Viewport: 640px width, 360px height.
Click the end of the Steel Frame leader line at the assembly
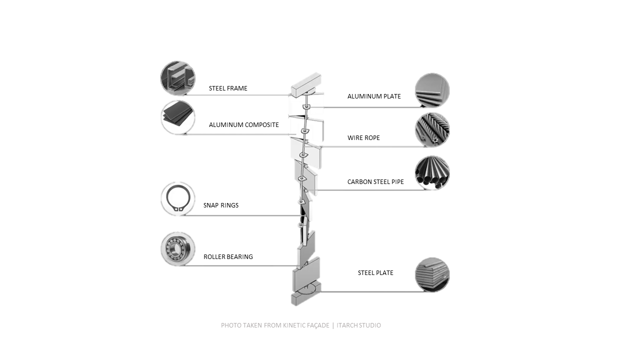(291, 95)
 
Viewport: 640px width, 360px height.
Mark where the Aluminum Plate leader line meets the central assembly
(310, 107)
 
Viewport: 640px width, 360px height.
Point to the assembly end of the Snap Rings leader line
(301, 215)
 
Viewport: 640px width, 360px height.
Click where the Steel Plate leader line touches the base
(320, 291)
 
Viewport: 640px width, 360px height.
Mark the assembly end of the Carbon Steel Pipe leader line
(316, 190)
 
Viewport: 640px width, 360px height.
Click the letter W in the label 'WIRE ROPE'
(350, 137)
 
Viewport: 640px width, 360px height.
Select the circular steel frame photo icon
(177, 78)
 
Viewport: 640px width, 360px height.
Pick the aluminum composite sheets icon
(177, 117)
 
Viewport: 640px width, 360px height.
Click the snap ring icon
(177, 198)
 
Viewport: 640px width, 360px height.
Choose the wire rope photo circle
(432, 129)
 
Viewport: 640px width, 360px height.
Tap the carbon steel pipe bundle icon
(432, 173)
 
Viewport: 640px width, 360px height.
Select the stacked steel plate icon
(432, 274)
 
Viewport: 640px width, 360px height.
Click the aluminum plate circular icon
(432, 90)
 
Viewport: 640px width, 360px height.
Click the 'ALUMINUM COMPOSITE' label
(243, 125)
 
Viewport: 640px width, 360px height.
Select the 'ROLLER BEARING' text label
(228, 257)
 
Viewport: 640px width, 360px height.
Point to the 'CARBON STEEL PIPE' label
(375, 181)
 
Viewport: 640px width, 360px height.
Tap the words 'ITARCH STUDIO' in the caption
(358, 325)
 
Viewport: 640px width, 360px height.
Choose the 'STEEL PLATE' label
(375, 273)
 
